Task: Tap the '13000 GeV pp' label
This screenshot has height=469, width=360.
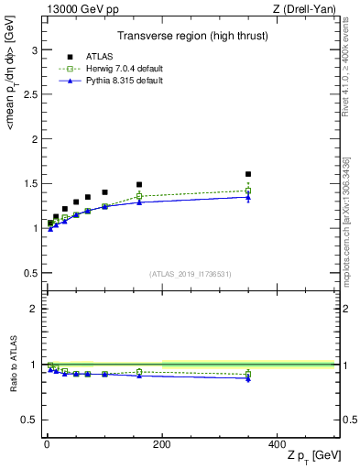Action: [75, 9]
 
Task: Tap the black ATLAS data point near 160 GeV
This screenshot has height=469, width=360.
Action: [139, 184]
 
